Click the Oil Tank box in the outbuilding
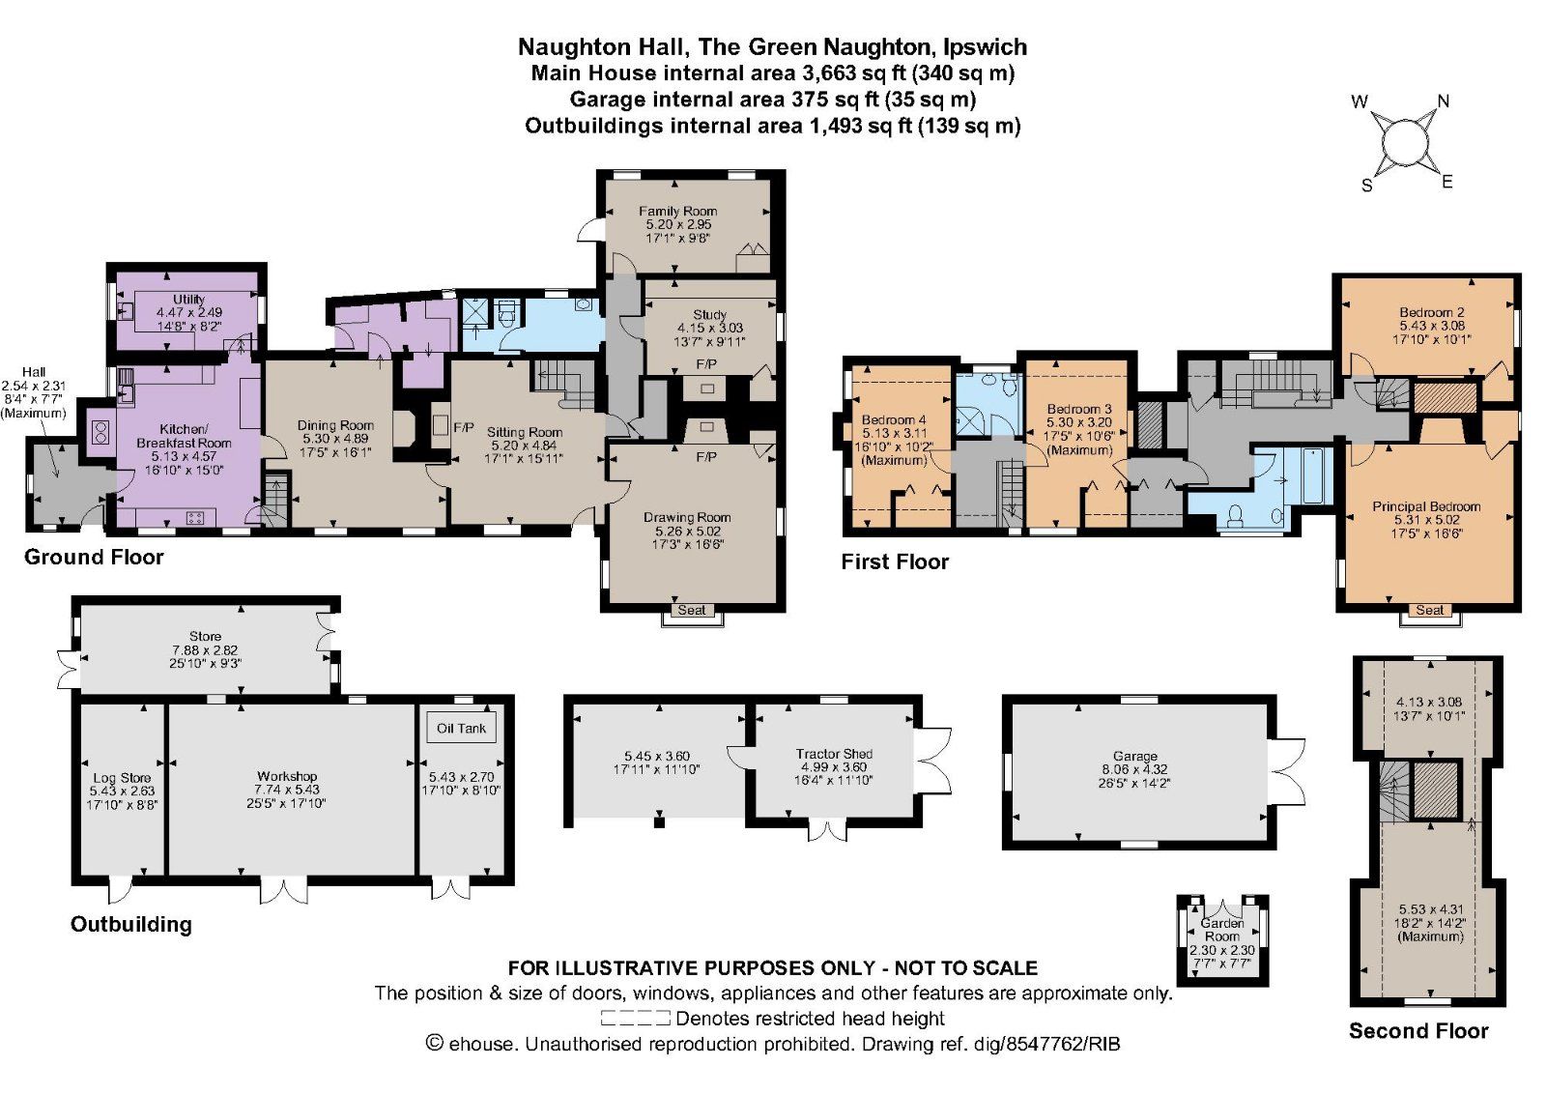pos(461,728)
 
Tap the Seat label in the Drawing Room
pos(692,610)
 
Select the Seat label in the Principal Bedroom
pos(1430,610)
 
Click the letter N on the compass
pos(1444,101)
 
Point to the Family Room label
pos(677,211)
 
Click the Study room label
pos(709,315)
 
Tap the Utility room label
pos(188,300)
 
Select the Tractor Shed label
pos(834,754)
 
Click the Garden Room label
pos(1221,930)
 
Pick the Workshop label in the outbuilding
pos(287,776)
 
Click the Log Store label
pos(122,778)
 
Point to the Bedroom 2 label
pos(1431,312)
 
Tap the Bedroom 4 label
pos(894,420)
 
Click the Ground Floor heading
pos(94,557)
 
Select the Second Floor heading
pos(1417,1030)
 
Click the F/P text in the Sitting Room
pos(463,427)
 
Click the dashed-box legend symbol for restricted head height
pos(635,1018)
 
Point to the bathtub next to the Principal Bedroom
pos(1315,475)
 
